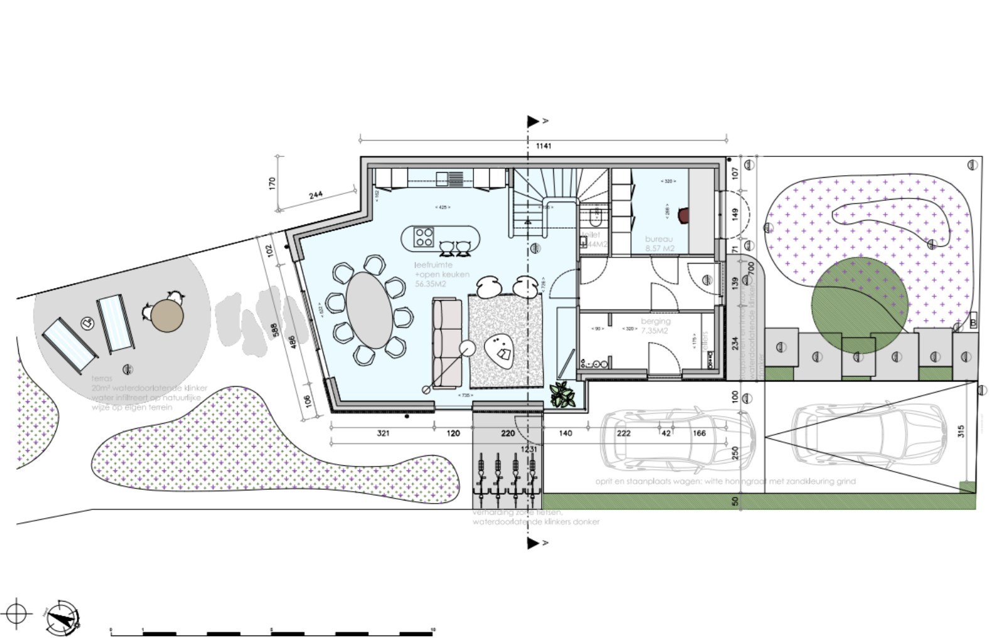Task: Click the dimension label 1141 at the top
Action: tap(543, 146)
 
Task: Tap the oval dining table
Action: tap(369, 310)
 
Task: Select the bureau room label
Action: tap(659, 239)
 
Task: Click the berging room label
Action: tap(655, 322)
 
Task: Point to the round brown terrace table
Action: tap(167, 316)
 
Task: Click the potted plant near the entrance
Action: tap(563, 395)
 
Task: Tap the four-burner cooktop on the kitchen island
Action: tap(424, 237)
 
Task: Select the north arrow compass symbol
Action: tap(63, 617)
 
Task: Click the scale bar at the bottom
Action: tap(272, 632)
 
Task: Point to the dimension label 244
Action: tap(316, 195)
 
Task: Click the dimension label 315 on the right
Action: tap(961, 431)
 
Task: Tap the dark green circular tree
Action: tap(859, 305)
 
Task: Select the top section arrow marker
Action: tap(534, 121)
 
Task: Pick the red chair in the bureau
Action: tap(683, 215)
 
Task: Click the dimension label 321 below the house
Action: tap(383, 433)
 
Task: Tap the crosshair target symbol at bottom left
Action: tap(17, 612)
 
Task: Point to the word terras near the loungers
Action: tap(102, 379)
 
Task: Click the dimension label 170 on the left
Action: tap(272, 184)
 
